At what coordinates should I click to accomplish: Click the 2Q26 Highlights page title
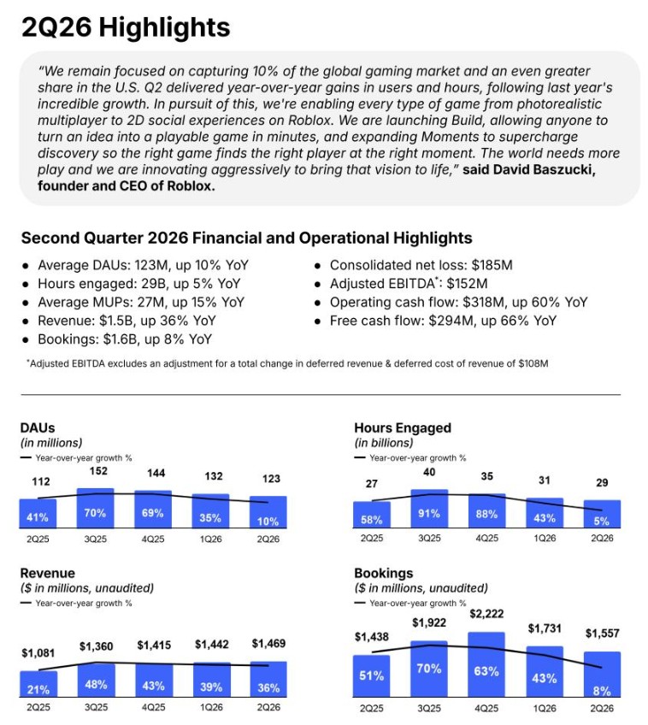pyautogui.click(x=126, y=27)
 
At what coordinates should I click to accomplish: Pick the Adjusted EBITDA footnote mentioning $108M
pyautogui.click(x=287, y=363)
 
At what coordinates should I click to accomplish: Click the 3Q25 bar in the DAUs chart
pyautogui.click(x=95, y=508)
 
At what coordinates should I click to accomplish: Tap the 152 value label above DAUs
pyautogui.click(x=98, y=471)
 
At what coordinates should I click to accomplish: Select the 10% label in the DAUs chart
pyautogui.click(x=268, y=522)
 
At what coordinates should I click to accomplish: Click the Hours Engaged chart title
pyautogui.click(x=403, y=427)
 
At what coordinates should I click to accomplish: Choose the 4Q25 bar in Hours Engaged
pyautogui.click(x=487, y=510)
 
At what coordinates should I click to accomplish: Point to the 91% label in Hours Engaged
pyautogui.click(x=429, y=514)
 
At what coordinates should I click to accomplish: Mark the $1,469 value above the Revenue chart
pyautogui.click(x=268, y=643)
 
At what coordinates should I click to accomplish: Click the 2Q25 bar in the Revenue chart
pyautogui.click(x=38, y=684)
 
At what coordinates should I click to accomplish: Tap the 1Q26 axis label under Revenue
pyautogui.click(x=211, y=707)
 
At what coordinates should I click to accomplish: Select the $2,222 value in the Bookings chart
pyautogui.click(x=486, y=614)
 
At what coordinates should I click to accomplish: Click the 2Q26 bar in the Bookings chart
pyautogui.click(x=602, y=675)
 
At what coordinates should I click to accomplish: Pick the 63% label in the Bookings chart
pyautogui.click(x=486, y=671)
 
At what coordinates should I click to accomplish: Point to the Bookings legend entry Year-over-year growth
pyautogui.click(x=410, y=603)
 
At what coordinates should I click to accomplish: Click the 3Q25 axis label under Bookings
pyautogui.click(x=429, y=708)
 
